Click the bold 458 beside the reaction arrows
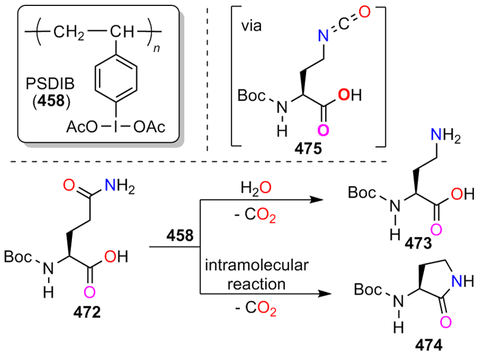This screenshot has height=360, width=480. pyautogui.click(x=179, y=236)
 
